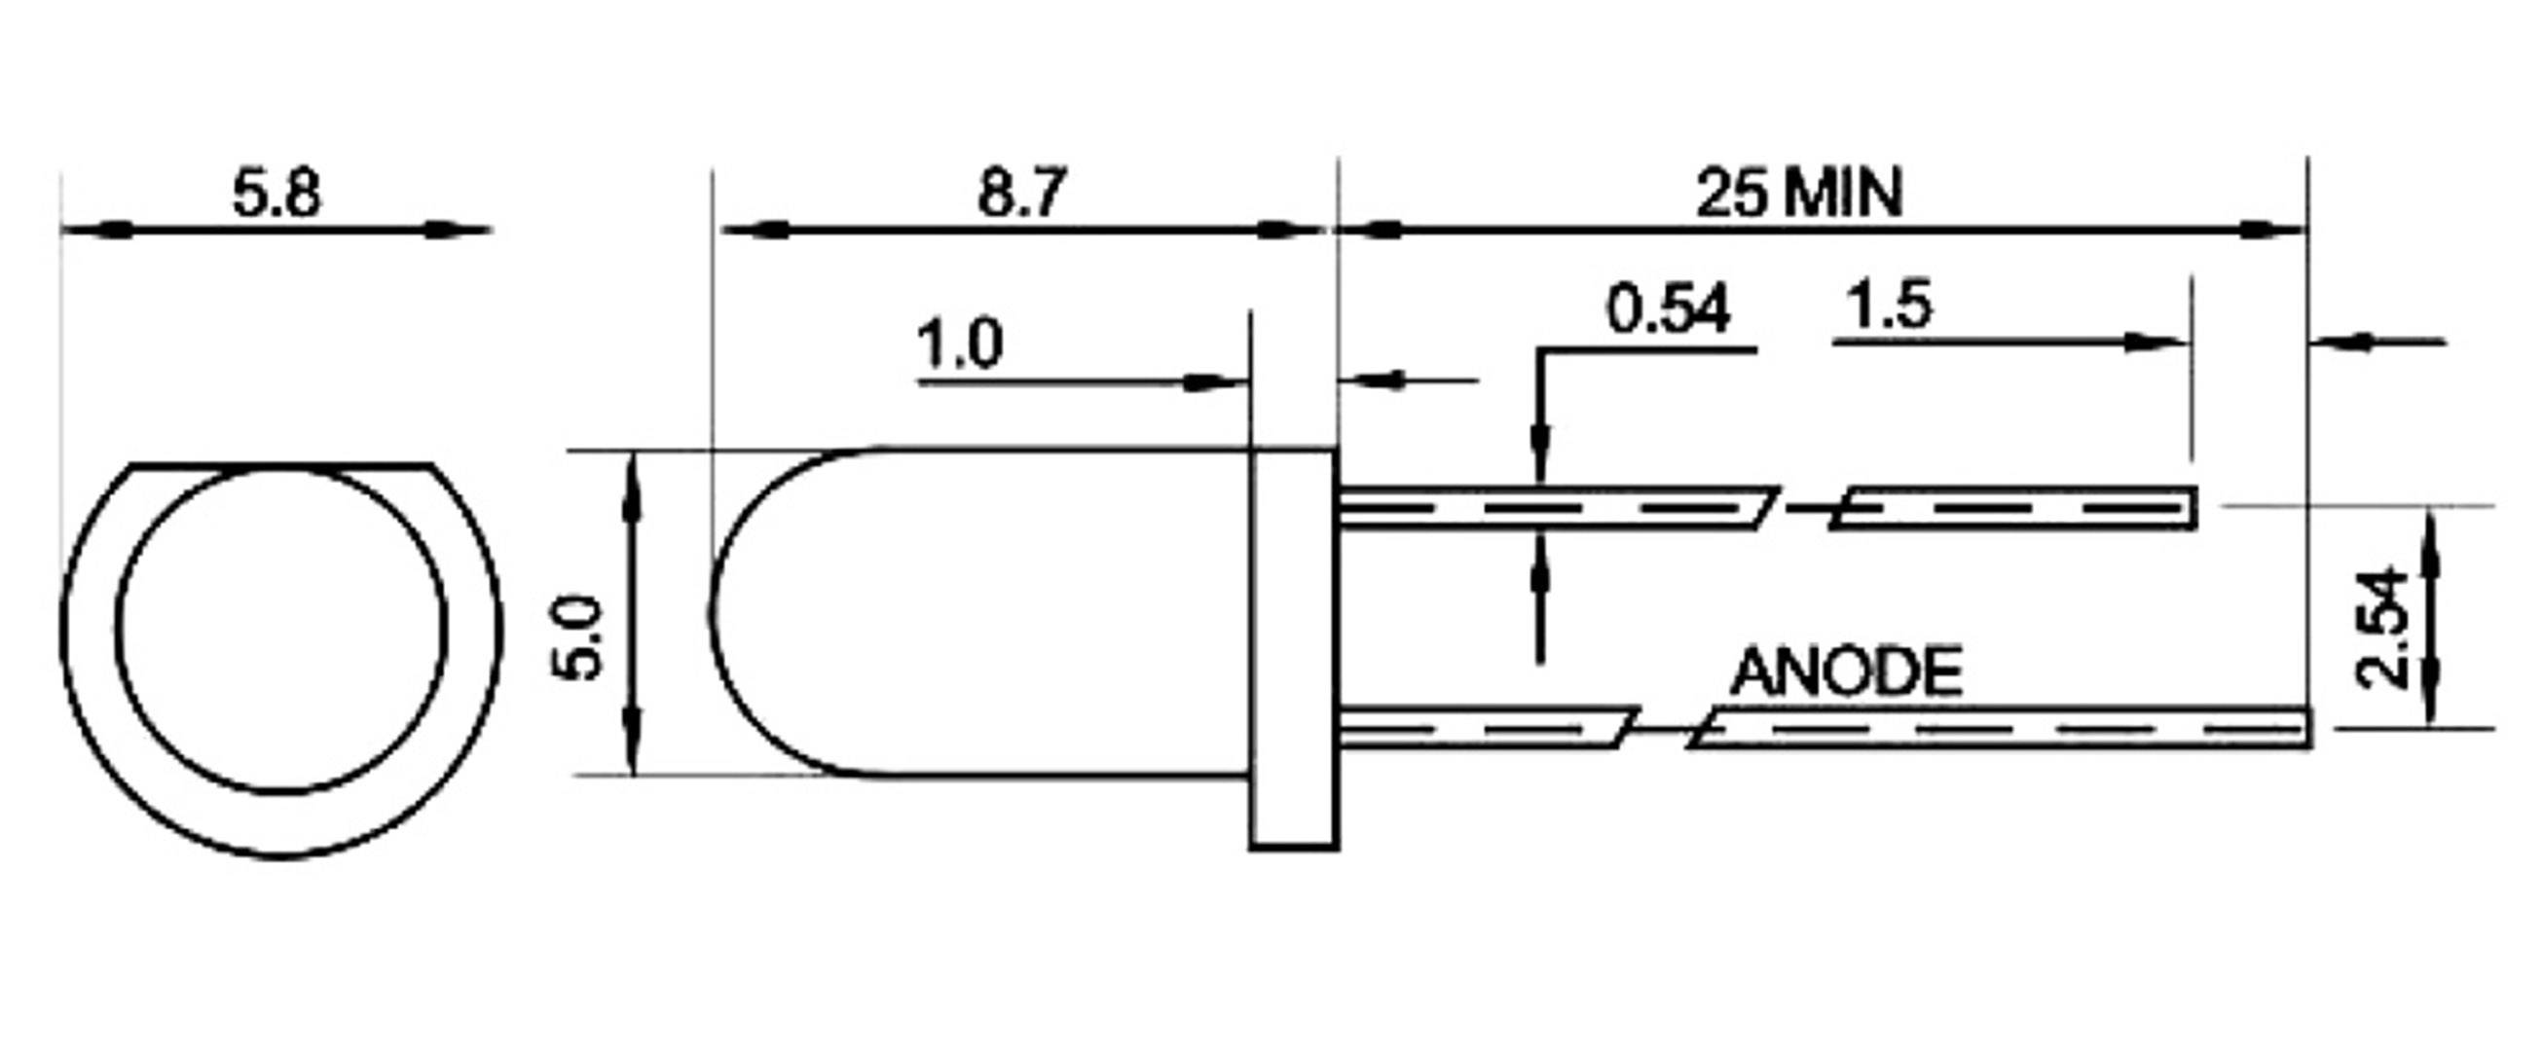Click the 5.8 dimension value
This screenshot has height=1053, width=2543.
pyautogui.click(x=276, y=194)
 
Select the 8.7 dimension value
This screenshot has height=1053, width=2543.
pyautogui.click(x=1022, y=194)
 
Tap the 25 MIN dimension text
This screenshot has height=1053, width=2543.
pyautogui.click(x=1798, y=194)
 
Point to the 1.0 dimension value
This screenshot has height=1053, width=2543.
pyautogui.click(x=960, y=345)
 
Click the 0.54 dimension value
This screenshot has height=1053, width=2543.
pyautogui.click(x=1668, y=309)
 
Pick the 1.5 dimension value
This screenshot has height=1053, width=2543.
pyautogui.click(x=1889, y=305)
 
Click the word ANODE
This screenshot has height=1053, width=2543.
pyautogui.click(x=1846, y=672)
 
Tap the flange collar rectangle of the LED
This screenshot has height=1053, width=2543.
pyautogui.click(x=1293, y=648)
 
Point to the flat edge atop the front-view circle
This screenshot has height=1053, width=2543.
pyautogui.click(x=282, y=463)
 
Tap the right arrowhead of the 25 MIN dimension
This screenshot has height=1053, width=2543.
pyautogui.click(x=2270, y=230)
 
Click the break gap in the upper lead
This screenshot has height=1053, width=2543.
pyautogui.click(x=1804, y=508)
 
